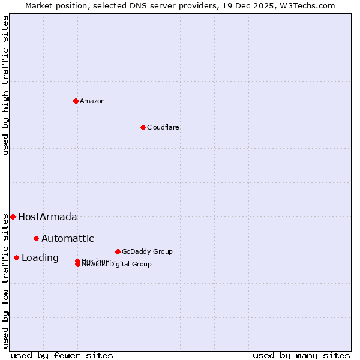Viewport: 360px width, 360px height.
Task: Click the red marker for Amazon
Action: click(x=76, y=101)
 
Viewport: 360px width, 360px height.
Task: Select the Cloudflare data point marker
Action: click(x=143, y=127)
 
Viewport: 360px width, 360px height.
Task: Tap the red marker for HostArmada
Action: click(x=13, y=217)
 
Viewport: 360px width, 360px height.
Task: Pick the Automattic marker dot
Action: click(x=36, y=238)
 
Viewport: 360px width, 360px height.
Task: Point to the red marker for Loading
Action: click(x=16, y=257)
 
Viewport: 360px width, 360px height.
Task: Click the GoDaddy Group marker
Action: click(x=118, y=251)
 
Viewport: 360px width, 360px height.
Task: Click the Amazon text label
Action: click(x=92, y=101)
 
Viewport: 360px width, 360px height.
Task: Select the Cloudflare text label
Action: click(x=163, y=127)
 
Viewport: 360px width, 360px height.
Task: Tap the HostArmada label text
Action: click(x=47, y=217)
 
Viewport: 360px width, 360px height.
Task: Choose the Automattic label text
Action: click(x=68, y=239)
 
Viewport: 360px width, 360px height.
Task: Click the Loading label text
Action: click(x=40, y=258)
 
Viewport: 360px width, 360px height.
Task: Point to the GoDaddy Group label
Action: click(x=147, y=251)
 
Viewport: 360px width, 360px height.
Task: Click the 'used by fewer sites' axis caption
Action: click(x=62, y=355)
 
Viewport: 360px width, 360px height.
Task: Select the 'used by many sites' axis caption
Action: click(x=301, y=355)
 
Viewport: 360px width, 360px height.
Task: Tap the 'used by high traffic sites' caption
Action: click(x=6, y=85)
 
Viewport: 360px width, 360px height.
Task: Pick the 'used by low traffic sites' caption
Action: click(x=6, y=281)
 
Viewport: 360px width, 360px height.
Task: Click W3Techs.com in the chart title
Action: click(x=308, y=5)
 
